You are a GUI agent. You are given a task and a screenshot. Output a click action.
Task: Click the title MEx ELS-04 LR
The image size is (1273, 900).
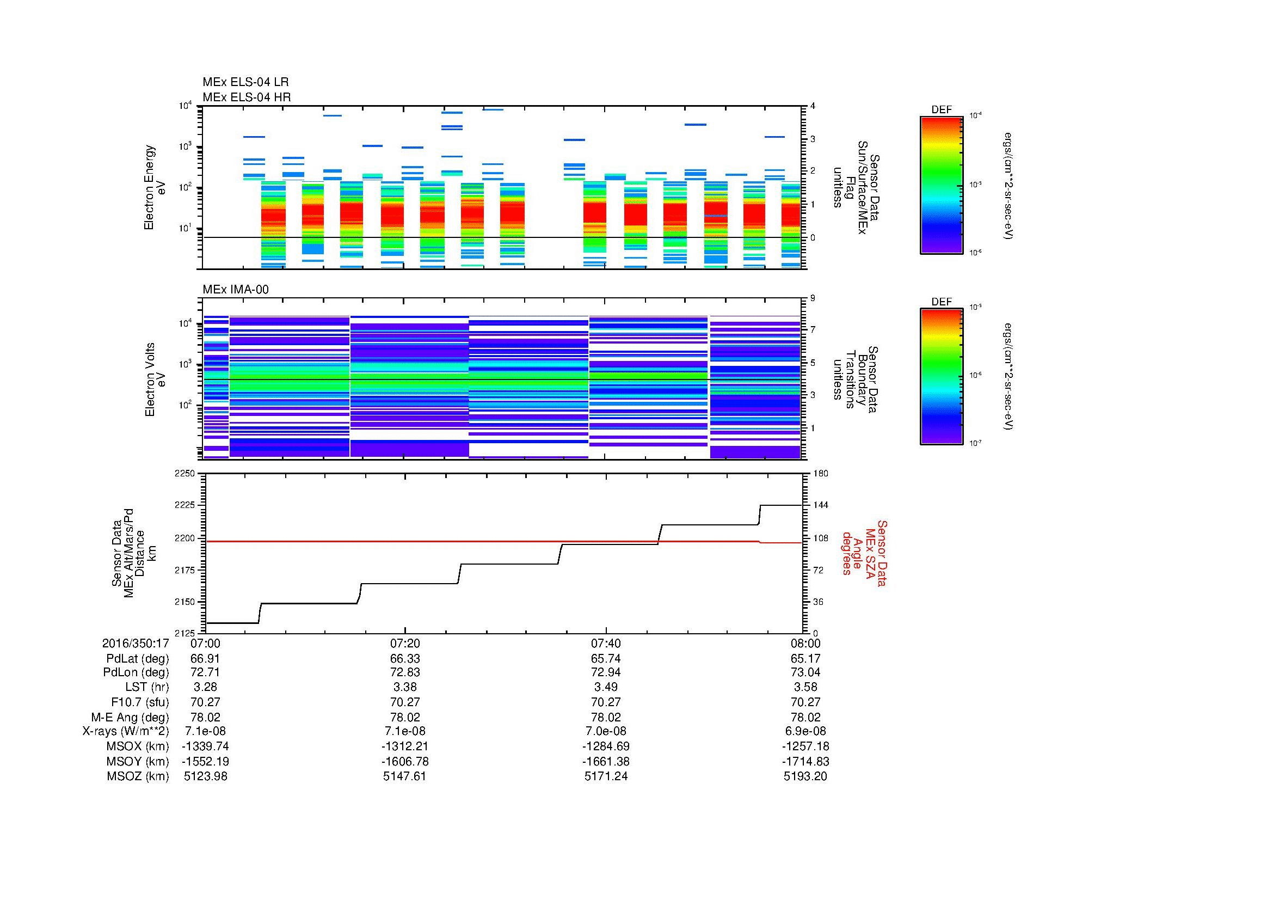pos(245,82)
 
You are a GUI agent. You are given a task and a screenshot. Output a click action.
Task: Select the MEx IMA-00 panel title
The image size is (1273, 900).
pos(235,290)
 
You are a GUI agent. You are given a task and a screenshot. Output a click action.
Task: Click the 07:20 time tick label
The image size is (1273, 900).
pos(405,643)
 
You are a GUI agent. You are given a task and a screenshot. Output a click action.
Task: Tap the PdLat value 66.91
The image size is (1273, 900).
pos(206,658)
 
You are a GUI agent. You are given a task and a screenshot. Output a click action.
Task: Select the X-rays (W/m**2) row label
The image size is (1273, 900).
pos(125,731)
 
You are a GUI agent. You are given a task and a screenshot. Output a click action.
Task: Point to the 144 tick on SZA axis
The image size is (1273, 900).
pos(821,505)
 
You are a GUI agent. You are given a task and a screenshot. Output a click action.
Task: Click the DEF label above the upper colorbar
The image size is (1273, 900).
pos(941,110)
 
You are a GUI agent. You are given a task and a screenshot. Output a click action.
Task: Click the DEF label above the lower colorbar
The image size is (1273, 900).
pos(941,302)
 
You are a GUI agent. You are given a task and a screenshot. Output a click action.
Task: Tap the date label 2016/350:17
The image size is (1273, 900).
pos(136,643)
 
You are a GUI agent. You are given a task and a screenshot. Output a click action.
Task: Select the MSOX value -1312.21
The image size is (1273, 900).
pos(405,746)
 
